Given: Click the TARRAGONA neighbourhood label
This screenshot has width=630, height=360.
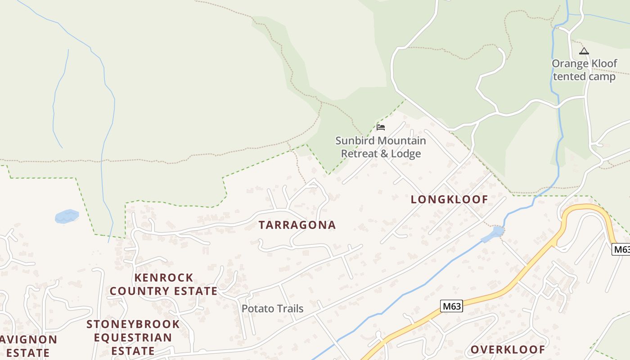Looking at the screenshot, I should [297, 225].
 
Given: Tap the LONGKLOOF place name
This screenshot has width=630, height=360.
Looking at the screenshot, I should [449, 199].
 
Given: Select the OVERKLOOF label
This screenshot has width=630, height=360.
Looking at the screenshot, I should [508, 350].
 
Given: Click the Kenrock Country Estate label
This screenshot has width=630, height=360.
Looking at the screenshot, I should [164, 284].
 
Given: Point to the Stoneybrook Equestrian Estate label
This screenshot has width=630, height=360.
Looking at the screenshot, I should [133, 337].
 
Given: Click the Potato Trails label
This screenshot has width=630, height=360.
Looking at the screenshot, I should [272, 309].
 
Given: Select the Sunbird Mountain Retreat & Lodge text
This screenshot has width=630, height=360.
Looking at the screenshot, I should [381, 147].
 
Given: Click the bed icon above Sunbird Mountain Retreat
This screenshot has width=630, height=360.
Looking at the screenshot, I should [381, 127].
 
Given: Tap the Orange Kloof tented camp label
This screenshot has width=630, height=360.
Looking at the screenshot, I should [584, 70].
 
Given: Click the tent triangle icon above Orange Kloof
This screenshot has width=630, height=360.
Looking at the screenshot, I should [584, 51].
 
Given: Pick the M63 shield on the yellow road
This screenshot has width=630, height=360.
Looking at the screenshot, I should [451, 306].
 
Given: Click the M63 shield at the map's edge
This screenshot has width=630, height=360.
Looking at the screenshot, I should [621, 249].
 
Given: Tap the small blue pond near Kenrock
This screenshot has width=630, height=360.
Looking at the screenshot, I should [67, 216].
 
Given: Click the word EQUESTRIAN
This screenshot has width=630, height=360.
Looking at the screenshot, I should [133, 337].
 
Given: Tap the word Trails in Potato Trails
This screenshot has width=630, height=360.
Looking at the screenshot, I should [288, 309].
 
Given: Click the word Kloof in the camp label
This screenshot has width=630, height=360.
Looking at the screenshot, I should [603, 63].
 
